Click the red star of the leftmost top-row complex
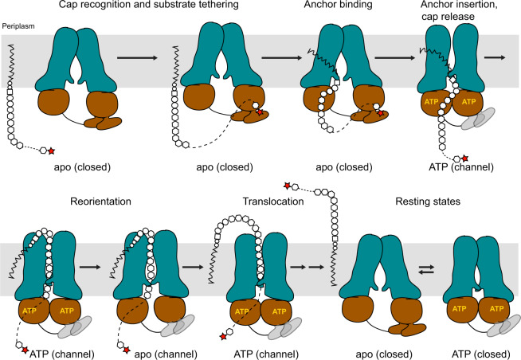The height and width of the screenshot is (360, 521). pyautogui.click(x=53, y=150)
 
